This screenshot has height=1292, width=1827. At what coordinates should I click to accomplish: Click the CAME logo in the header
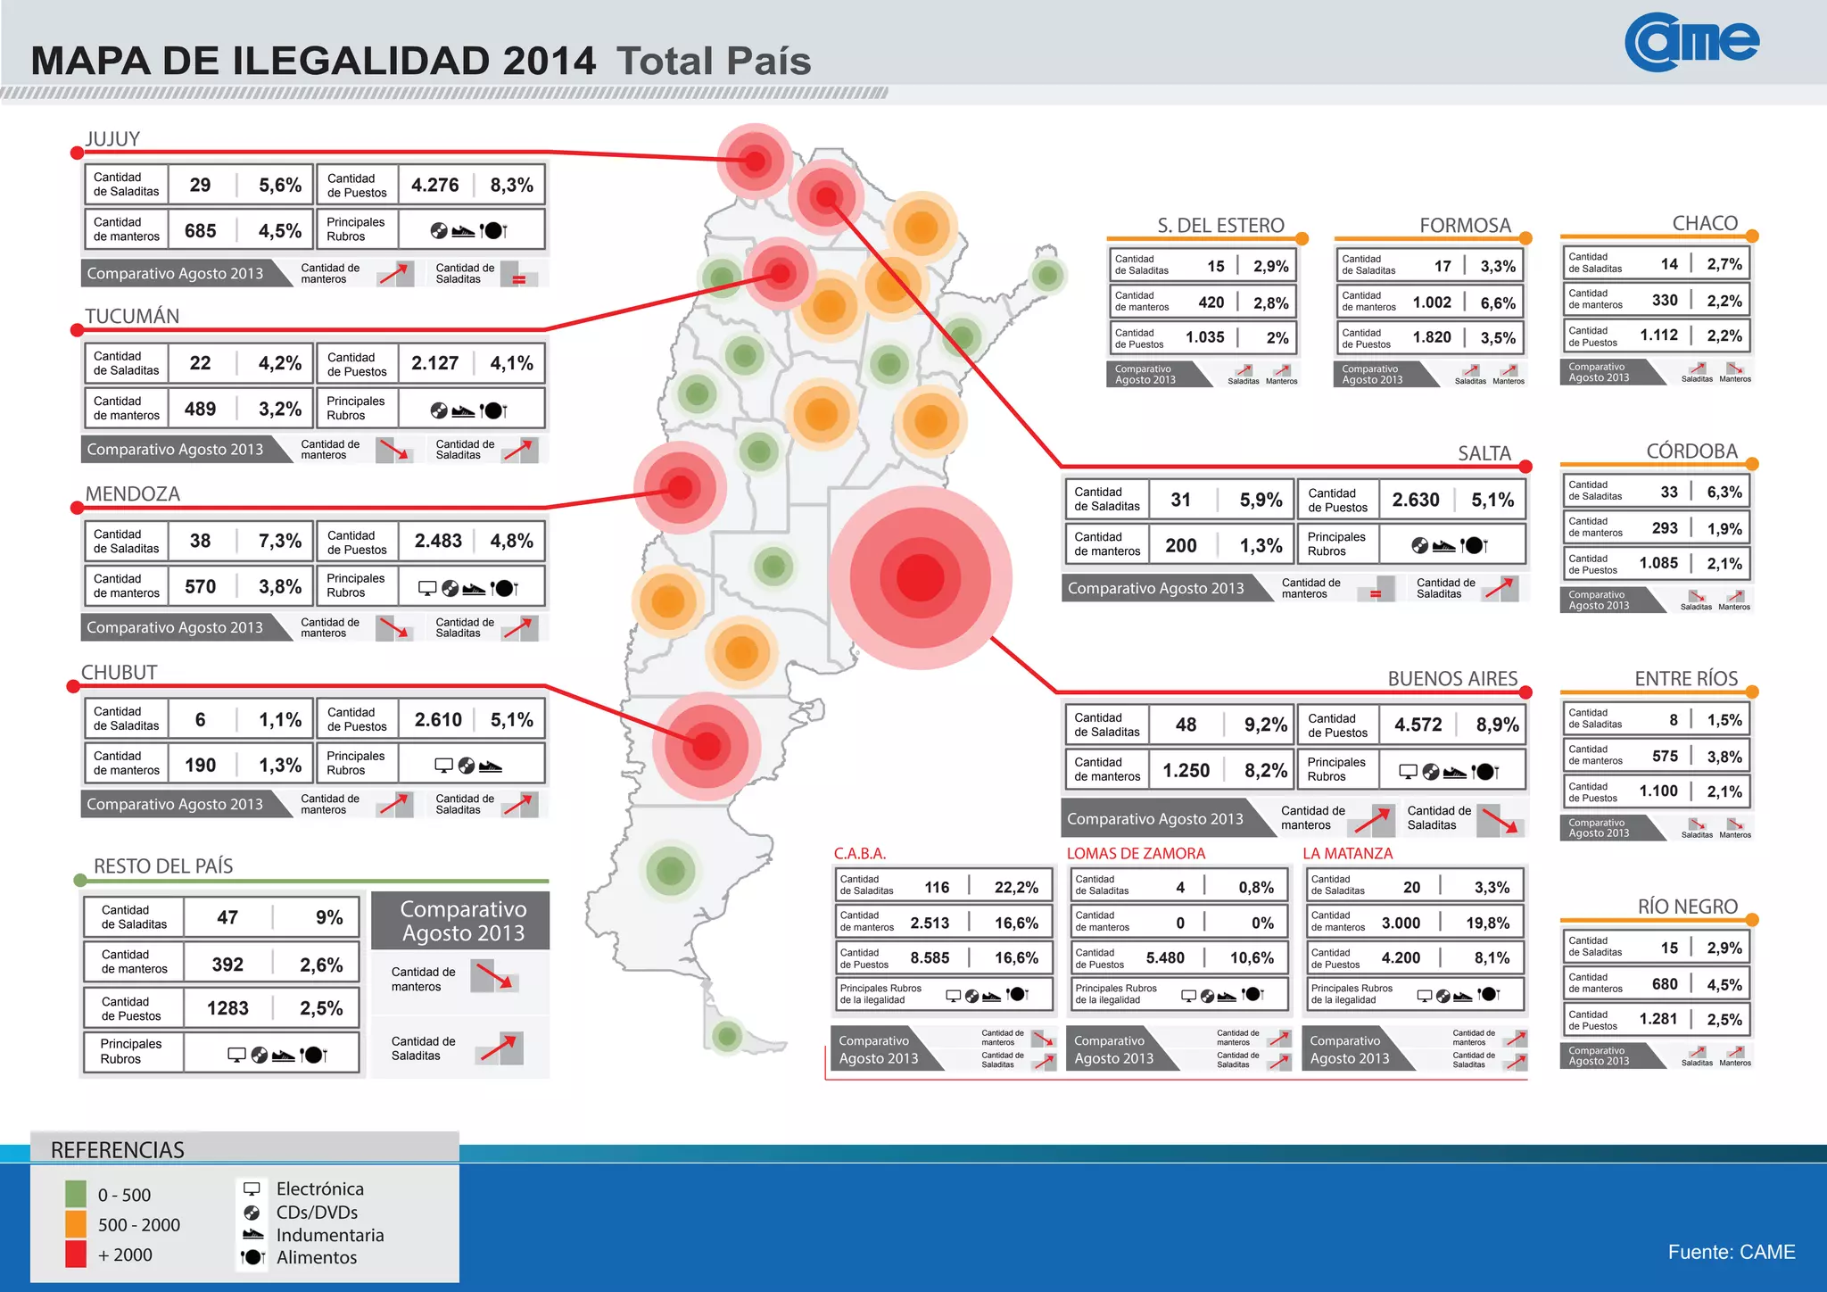tap(1691, 42)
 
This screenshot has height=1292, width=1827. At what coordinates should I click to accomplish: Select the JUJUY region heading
tap(112, 139)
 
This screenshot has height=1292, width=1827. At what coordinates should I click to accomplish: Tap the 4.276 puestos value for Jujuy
tap(434, 186)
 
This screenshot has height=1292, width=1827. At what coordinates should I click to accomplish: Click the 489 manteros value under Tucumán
tap(200, 410)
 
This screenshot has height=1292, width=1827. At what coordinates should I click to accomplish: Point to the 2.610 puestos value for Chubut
tap(438, 720)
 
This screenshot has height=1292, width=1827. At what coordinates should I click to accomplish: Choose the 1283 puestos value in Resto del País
tap(227, 1008)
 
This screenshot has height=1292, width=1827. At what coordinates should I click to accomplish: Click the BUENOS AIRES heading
tap(1451, 679)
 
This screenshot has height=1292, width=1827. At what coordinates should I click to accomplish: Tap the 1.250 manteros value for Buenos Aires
tap(1186, 771)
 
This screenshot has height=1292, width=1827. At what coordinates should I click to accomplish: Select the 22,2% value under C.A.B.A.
tap(1016, 888)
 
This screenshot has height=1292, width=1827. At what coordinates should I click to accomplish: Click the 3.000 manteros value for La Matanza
tap(1401, 923)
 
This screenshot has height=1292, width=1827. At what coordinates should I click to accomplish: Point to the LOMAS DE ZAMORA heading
tap(1136, 854)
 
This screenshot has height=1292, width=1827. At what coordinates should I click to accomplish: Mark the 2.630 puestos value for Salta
tap(1415, 501)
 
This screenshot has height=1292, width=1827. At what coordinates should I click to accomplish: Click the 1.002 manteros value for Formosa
tap(1432, 302)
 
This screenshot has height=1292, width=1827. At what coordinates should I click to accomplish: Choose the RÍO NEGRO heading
tap(1687, 907)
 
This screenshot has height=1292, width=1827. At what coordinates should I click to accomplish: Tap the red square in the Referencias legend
tap(76, 1255)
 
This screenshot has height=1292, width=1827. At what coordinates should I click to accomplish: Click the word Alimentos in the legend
tap(317, 1258)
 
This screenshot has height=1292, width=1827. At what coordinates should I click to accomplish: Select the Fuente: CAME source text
tap(1731, 1252)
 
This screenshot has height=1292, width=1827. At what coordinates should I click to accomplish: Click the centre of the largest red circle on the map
tap(920, 577)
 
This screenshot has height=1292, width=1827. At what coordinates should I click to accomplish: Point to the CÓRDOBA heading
tap(1691, 451)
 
